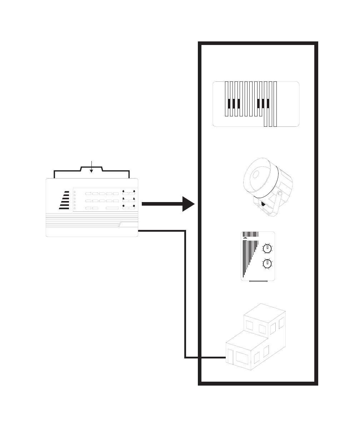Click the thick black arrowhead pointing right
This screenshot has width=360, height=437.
[188, 204]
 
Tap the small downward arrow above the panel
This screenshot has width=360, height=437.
[91, 171]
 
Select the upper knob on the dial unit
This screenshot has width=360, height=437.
[267, 248]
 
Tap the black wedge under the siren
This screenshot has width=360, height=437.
[264, 204]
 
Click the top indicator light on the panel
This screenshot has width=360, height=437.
[75, 192]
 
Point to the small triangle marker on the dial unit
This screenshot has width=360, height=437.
[245, 237]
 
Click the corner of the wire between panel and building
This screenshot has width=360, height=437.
[185, 231]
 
